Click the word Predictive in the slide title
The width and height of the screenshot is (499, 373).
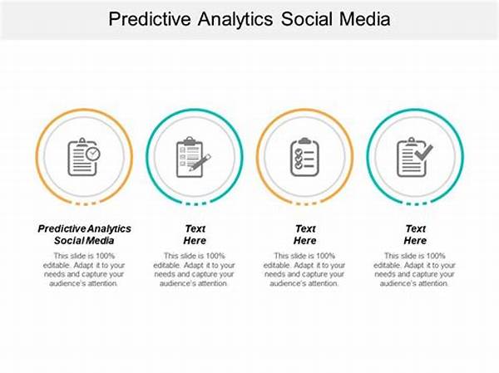(150, 19)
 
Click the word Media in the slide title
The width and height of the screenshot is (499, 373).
(365, 19)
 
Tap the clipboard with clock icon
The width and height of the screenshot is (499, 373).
(84, 157)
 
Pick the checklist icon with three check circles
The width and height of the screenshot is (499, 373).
(304, 157)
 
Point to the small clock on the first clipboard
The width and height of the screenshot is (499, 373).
(92, 154)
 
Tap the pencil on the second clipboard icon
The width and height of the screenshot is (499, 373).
(200, 163)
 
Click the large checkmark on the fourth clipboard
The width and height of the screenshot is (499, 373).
(424, 152)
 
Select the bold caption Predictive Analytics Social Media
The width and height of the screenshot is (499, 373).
(84, 234)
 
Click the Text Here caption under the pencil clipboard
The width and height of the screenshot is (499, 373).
(195, 234)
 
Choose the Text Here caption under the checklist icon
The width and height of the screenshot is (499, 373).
(305, 234)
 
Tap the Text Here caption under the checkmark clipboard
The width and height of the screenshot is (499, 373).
(415, 234)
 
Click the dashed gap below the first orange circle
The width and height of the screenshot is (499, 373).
(86, 204)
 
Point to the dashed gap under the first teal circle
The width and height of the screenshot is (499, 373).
(195, 204)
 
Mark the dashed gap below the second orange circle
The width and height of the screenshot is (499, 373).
(306, 204)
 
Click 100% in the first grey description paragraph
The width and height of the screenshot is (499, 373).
(105, 256)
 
